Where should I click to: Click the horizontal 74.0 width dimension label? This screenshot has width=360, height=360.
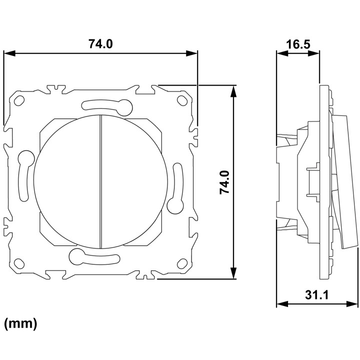[100, 43]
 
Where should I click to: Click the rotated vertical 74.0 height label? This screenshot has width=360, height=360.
[224, 182]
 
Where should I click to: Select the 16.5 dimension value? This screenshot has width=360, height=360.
[298, 44]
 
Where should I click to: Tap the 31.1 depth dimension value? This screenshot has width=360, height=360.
[317, 294]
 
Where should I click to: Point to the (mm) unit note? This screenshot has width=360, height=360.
[20, 323]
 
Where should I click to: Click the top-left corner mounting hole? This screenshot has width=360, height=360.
[19, 100]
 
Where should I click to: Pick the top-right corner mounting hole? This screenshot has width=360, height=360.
[182, 100]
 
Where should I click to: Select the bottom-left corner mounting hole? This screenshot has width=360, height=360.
[19, 263]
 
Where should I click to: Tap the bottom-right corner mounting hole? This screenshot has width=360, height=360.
[182, 263]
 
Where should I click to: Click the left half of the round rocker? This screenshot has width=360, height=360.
[66, 181]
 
